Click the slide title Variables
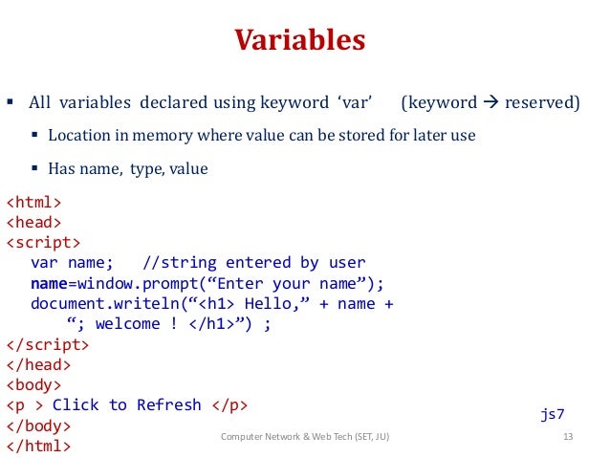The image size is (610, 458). [300, 41]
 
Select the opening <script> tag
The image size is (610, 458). [44, 243]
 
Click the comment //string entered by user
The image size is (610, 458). [253, 263]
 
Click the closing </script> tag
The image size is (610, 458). [49, 344]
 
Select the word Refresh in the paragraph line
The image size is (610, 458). [169, 404]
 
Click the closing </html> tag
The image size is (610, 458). [39, 445]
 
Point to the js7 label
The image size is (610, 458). [555, 415]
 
